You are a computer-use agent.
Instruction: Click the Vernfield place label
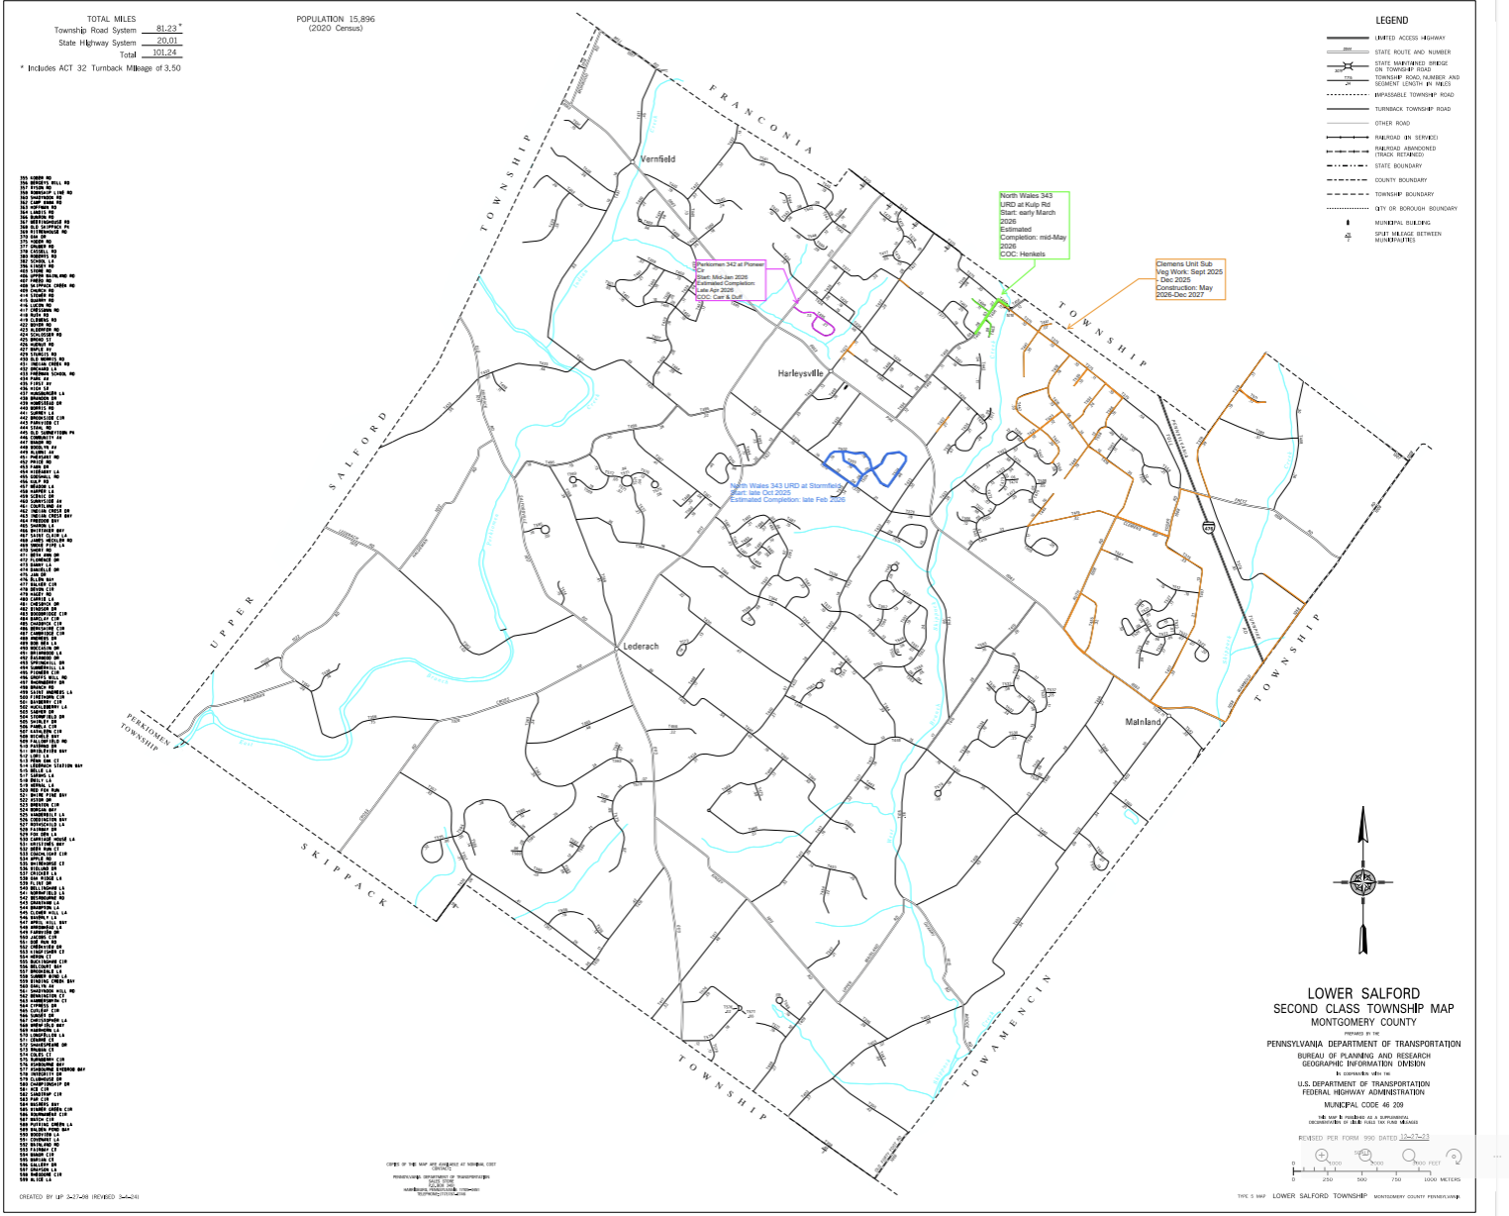[x=657, y=158]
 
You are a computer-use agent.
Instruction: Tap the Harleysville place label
[x=800, y=373]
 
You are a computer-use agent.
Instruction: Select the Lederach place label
[x=641, y=647]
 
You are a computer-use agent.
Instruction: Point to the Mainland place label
[x=1143, y=722]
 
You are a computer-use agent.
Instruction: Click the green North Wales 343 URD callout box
[x=1034, y=226]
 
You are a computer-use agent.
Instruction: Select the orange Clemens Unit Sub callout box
[x=1190, y=279]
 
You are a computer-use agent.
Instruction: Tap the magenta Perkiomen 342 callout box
[x=731, y=280]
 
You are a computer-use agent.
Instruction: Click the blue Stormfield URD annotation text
[x=787, y=493]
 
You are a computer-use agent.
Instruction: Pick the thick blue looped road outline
[x=865, y=467]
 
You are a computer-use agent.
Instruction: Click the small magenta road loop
[x=822, y=323]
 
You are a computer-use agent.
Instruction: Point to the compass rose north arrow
[x=1363, y=880]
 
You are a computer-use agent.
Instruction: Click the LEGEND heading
[x=1391, y=20]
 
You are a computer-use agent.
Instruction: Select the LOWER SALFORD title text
[x=1362, y=993]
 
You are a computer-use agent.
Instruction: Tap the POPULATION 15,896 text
[x=336, y=19]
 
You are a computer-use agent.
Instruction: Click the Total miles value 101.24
[x=164, y=52]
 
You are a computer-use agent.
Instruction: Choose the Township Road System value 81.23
[x=165, y=29]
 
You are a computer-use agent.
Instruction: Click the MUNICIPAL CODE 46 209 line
[x=1363, y=1104]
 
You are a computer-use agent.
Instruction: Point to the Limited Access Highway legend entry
[x=1409, y=38]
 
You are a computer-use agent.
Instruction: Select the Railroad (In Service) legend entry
[x=1405, y=138]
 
